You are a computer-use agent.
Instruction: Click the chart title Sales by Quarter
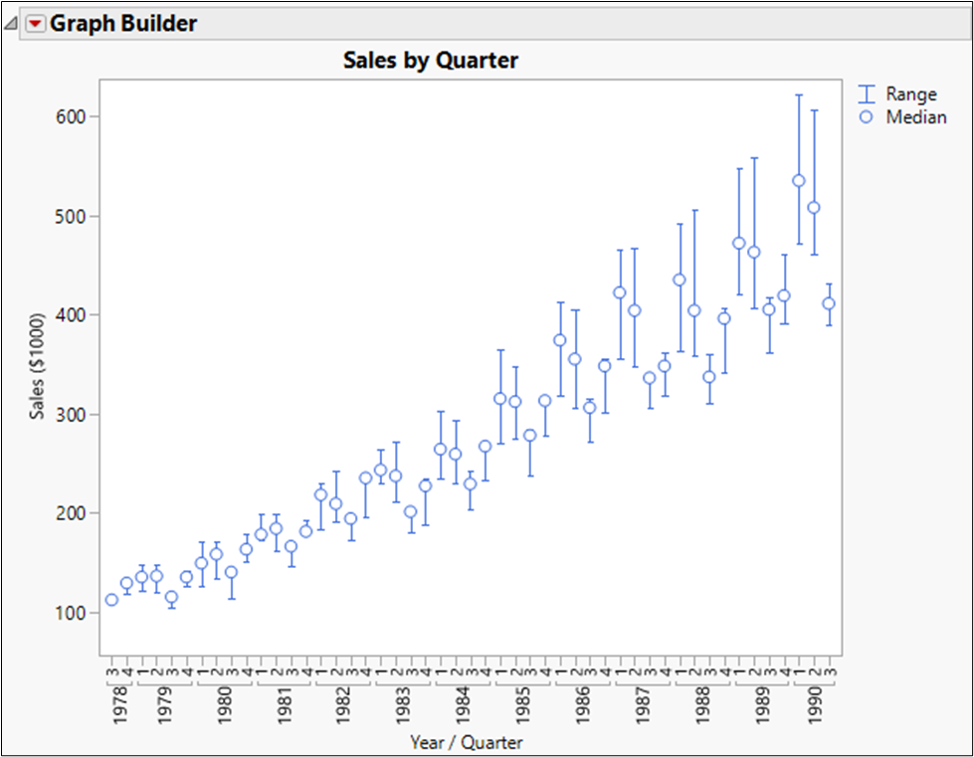[x=431, y=61]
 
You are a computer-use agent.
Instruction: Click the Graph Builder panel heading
[x=123, y=24]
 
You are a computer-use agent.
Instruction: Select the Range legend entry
[x=910, y=95]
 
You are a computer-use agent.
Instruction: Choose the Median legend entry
[x=916, y=117]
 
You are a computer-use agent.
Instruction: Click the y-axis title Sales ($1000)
[x=38, y=355]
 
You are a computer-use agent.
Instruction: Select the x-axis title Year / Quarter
[x=466, y=742]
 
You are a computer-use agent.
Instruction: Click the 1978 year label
[x=118, y=704]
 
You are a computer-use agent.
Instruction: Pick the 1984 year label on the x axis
[x=463, y=704]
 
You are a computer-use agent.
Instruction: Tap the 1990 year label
[x=814, y=704]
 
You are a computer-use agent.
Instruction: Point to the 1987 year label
[x=642, y=704]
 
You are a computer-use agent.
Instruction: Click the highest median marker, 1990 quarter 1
[x=798, y=181]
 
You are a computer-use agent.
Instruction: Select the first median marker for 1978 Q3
[x=111, y=600]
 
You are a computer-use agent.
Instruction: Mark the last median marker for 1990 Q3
[x=829, y=304]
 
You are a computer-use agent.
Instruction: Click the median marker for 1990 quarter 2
[x=814, y=208]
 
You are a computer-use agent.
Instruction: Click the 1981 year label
[x=284, y=704]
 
